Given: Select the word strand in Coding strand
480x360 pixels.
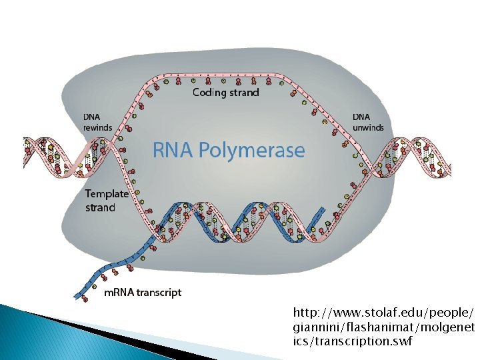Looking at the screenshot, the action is [x=244, y=93].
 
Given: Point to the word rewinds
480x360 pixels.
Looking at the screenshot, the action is [x=97, y=127].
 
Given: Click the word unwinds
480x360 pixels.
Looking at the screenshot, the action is [x=368, y=127].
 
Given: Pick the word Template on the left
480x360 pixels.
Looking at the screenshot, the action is [x=106, y=195].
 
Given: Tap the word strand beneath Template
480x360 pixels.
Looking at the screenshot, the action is [x=100, y=207].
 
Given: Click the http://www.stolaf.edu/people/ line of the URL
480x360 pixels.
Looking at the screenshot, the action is [x=383, y=313].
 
